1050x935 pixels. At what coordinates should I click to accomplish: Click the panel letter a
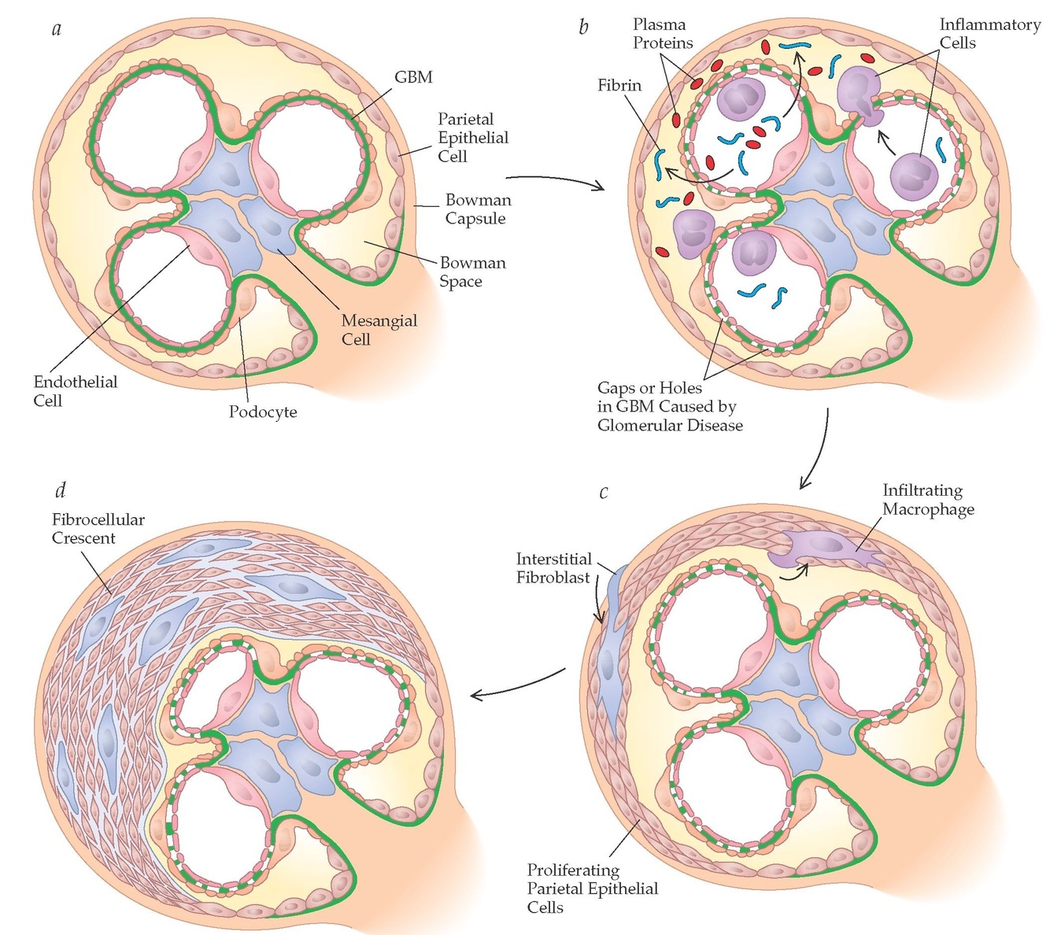tap(57, 31)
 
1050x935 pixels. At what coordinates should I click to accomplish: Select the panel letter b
tap(583, 28)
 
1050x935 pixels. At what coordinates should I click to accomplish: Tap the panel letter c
tap(604, 493)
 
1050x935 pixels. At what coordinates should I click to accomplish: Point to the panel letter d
tap(60, 490)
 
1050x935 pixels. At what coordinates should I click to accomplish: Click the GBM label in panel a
tap(413, 77)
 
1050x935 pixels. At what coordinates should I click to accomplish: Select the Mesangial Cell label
tap(379, 330)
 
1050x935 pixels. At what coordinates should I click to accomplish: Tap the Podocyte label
tap(263, 412)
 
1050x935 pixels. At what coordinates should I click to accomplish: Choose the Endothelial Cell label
tap(75, 391)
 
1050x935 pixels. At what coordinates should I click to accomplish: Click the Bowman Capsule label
tap(478, 209)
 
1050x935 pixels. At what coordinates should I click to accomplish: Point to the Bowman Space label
tap(472, 272)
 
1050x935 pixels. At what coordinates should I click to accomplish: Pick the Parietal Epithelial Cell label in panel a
tap(473, 138)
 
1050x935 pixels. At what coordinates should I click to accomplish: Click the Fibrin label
tap(619, 85)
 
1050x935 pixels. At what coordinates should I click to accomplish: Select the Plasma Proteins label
tap(663, 34)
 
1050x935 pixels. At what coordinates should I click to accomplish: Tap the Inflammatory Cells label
tap(989, 34)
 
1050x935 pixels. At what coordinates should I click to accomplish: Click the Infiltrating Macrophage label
tap(928, 500)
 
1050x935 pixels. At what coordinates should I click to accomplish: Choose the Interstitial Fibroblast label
tap(553, 568)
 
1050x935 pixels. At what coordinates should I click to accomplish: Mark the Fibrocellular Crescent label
tap(98, 529)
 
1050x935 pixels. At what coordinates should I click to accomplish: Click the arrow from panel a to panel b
tap(555, 180)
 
